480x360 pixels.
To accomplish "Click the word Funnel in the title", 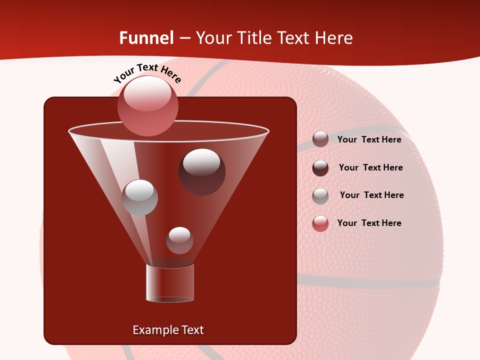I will [146, 38].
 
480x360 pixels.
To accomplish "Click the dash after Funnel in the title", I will [184, 38].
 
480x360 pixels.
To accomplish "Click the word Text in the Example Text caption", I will [191, 330].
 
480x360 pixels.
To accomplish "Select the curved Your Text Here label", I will [147, 73].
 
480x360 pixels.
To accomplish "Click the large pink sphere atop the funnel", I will [147, 105].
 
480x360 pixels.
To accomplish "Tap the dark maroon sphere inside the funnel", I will [201, 171].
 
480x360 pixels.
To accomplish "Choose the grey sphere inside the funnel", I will [139, 197].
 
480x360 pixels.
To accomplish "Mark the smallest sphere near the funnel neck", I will [179, 240].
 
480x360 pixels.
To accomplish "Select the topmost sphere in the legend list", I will [320, 139].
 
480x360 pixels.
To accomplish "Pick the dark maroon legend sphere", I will [320, 168].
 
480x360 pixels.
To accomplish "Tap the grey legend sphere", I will [320, 196].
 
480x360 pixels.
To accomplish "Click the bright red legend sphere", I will [320, 223].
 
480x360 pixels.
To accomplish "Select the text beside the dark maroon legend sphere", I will [370, 167].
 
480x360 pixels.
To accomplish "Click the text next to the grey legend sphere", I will [371, 195].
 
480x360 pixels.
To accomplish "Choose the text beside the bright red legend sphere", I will [369, 223].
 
